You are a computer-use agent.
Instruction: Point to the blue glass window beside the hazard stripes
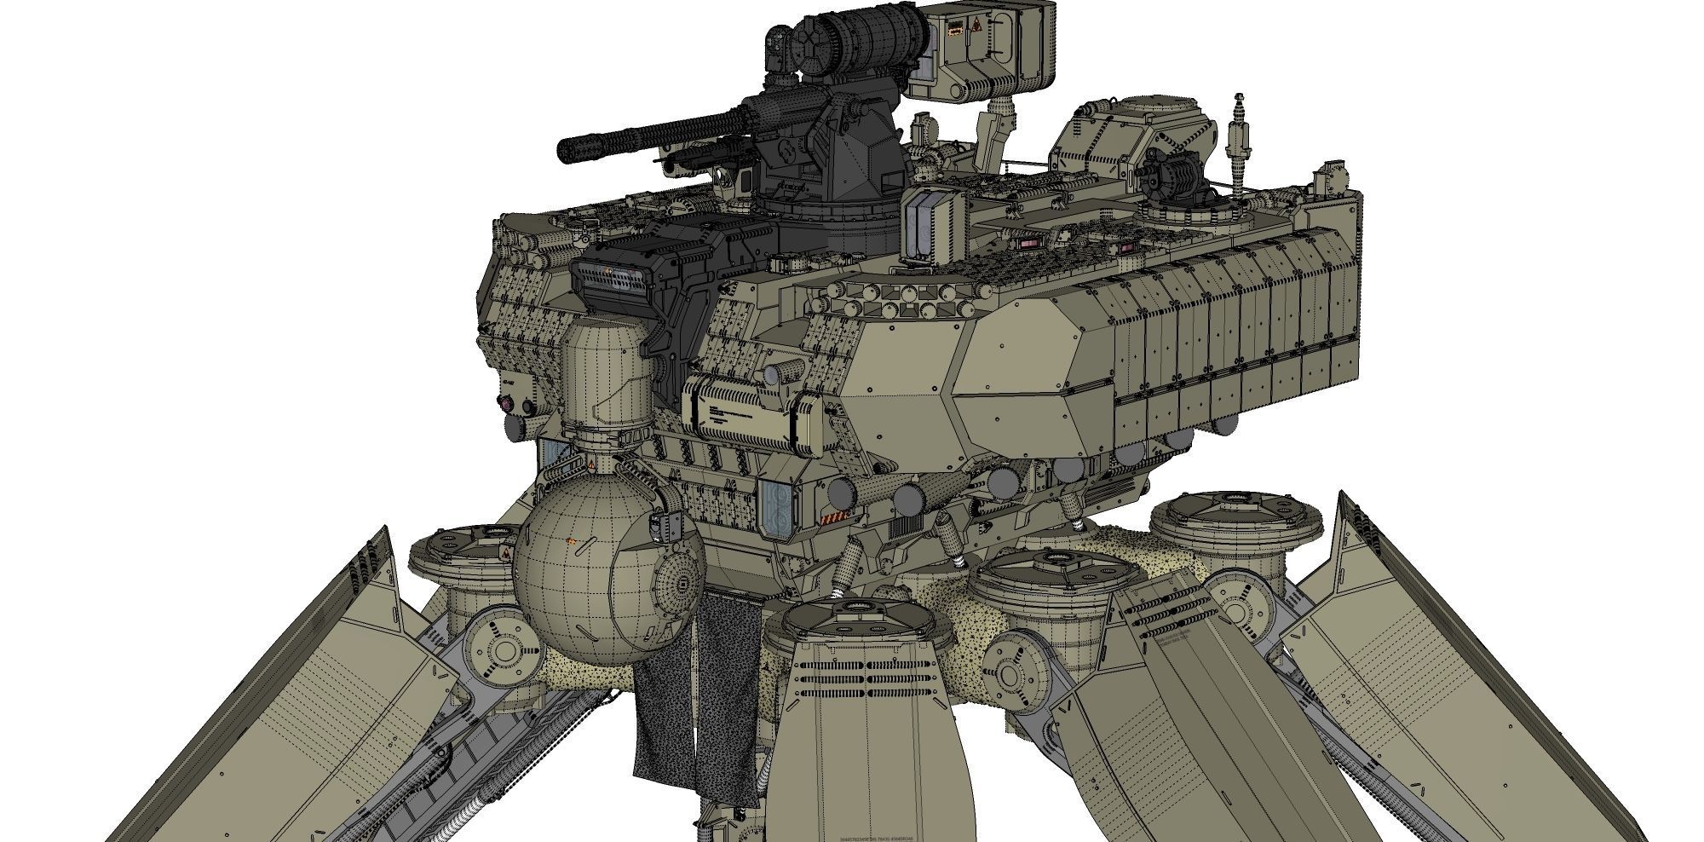click(x=775, y=507)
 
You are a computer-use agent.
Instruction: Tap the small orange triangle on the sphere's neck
click(x=591, y=464)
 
